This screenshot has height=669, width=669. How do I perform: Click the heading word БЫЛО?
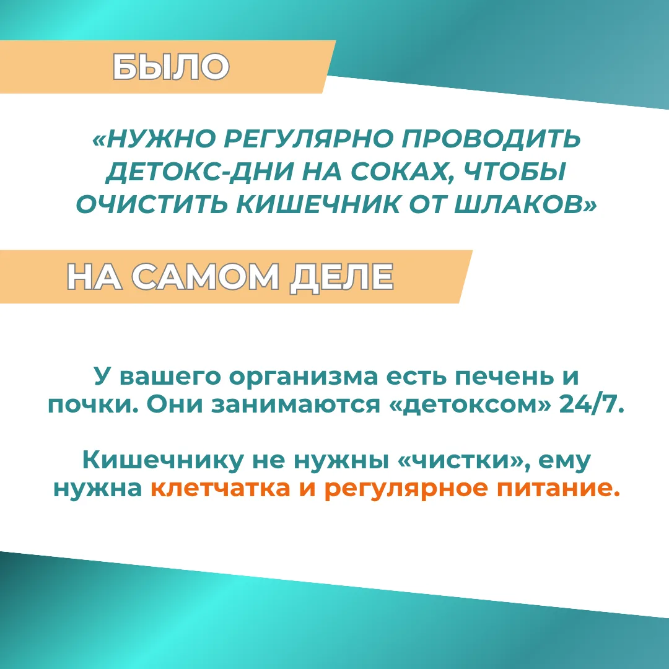[171, 66]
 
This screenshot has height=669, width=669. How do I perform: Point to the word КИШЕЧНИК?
[318, 204]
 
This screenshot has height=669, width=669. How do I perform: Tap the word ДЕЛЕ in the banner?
[341, 278]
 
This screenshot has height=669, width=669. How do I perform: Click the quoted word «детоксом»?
[470, 405]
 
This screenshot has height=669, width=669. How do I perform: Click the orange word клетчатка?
[220, 488]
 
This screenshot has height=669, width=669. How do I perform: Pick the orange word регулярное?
[405, 489]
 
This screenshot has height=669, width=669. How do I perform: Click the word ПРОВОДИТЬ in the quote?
[491, 139]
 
